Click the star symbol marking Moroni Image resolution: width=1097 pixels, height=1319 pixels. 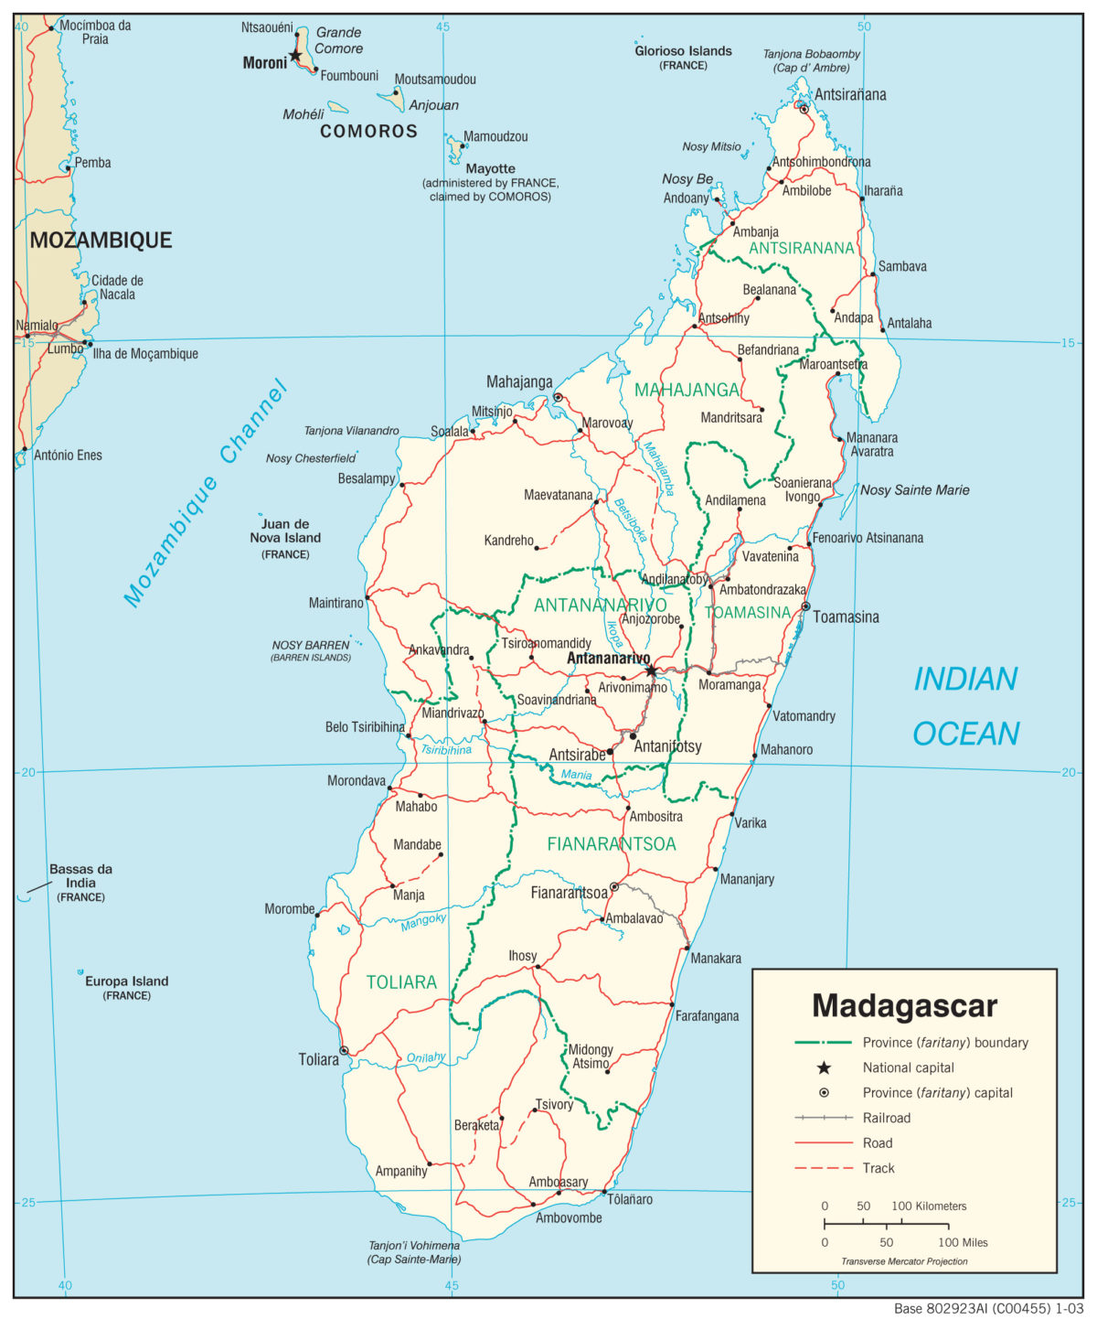[x=294, y=57]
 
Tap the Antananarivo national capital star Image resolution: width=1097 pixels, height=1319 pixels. [x=651, y=670]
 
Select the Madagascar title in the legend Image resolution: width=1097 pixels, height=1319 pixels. [x=904, y=1005]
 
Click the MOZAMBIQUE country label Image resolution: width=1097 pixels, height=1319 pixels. [x=101, y=240]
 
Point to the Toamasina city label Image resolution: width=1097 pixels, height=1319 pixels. [x=846, y=617]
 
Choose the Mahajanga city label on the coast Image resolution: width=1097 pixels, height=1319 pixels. [x=519, y=381]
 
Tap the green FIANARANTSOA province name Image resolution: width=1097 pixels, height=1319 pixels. [x=611, y=843]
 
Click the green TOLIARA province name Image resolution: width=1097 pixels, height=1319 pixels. [x=401, y=982]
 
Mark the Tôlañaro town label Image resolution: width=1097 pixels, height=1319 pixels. [x=630, y=1199]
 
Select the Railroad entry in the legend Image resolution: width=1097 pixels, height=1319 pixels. [x=886, y=1118]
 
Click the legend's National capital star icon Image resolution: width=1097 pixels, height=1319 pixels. [x=824, y=1067]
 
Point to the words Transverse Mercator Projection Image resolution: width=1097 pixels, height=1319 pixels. [x=904, y=1261]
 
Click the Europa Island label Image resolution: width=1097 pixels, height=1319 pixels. [x=126, y=981]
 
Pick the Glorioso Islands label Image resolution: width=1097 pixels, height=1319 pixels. [x=683, y=51]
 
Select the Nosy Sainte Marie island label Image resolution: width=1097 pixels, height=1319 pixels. [x=914, y=490]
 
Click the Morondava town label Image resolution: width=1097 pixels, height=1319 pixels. [x=357, y=781]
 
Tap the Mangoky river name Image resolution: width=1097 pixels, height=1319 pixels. [x=423, y=922]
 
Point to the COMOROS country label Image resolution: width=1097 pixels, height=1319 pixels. [x=368, y=132]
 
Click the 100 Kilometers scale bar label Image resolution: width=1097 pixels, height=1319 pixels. [x=929, y=1206]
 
